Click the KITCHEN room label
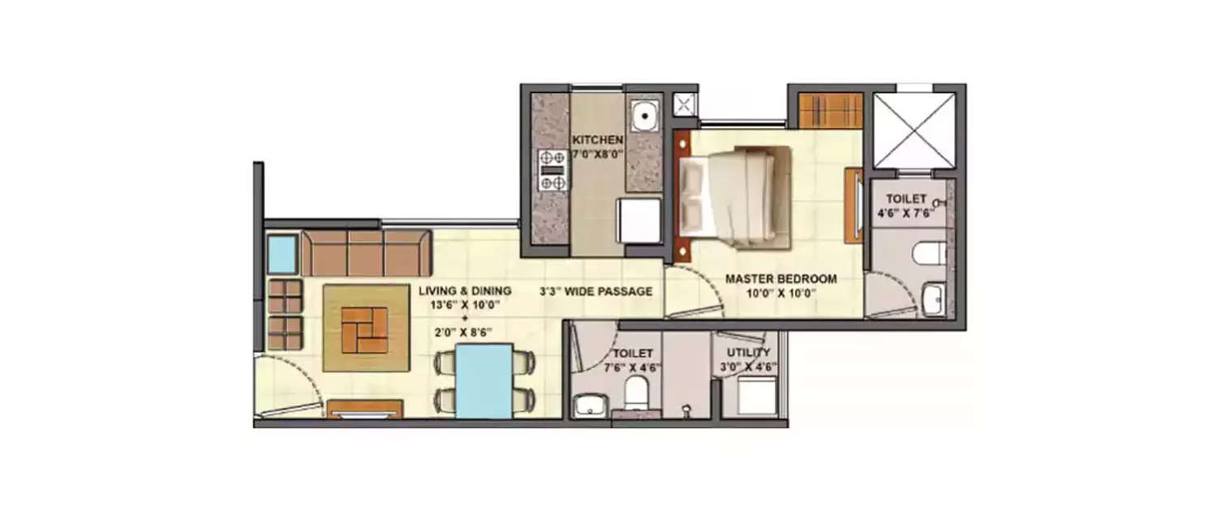[597, 139]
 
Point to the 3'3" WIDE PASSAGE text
[596, 291]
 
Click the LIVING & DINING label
[465, 290]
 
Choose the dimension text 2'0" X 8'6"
[465, 331]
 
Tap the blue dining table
[484, 380]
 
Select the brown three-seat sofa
[366, 253]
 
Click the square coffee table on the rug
[364, 329]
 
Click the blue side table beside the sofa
[282, 254]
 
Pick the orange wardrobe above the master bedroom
[830, 110]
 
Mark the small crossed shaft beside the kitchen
[684, 104]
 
